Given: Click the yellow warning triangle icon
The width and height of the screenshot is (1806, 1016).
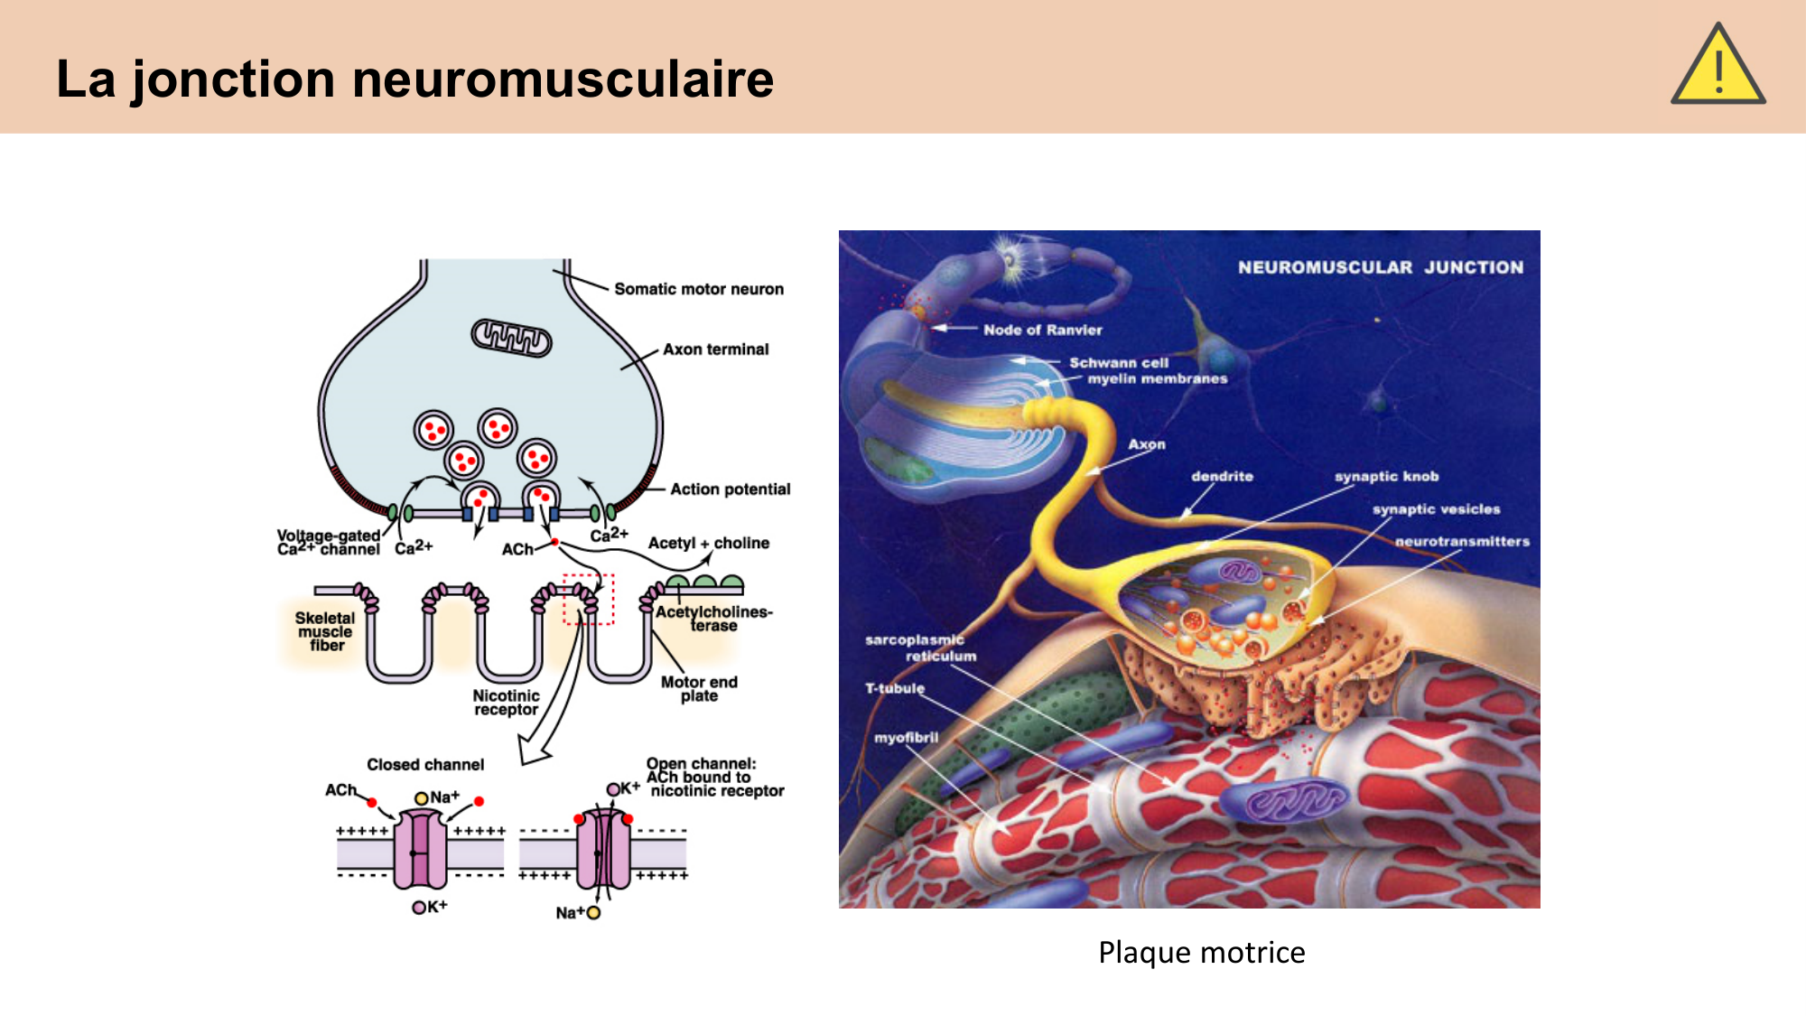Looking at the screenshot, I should pos(1718,66).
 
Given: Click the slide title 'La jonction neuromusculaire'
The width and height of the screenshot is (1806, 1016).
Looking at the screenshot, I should pos(414,79).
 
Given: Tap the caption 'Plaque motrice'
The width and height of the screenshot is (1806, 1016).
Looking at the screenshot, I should pos(1201,952).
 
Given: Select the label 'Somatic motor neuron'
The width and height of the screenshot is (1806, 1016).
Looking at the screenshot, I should pos(698,289).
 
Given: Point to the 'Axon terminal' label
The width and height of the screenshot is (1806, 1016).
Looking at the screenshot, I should pos(715,350).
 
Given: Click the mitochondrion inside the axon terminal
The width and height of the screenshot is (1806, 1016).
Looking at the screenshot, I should pos(511,338).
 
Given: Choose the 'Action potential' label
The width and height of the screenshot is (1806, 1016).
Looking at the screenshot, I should pos(730,489).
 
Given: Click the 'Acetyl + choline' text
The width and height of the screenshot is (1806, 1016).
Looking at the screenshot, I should pos(708,543).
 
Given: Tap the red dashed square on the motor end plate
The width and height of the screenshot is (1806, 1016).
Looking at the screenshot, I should pos(588,599).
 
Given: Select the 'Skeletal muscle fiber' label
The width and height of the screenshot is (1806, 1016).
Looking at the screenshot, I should pos(325,631).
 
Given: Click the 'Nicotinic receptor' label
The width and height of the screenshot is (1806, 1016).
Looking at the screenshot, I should pos(506,703).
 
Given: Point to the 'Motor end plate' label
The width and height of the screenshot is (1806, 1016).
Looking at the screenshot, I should pos(699,688).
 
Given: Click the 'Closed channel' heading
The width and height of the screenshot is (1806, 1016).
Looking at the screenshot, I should pos(424,765).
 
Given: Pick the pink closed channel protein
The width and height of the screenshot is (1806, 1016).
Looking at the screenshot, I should pos(420,850).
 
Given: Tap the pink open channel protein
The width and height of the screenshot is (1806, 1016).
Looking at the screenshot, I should pos(603,850).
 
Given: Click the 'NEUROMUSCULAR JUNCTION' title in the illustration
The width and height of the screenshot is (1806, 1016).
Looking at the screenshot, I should pos(1380,267).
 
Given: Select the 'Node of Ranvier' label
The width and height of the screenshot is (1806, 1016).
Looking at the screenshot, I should pos(1042,331).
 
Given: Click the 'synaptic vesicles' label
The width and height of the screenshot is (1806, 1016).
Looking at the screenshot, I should pos(1436,509).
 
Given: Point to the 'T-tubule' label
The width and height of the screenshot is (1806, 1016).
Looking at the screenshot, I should pos(895,688).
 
